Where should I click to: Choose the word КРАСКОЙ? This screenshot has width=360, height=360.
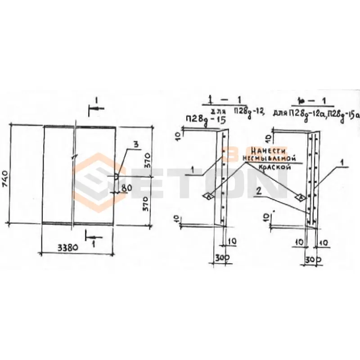pyautogui.click(x=274, y=166)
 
